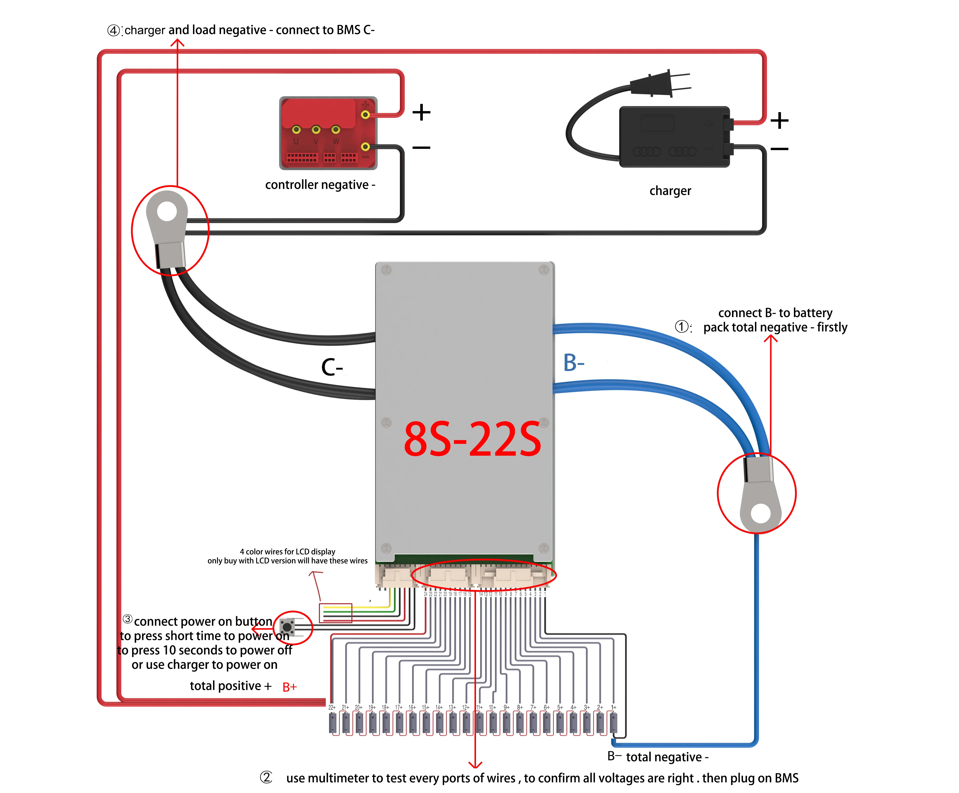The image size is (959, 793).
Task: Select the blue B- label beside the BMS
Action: click(574, 363)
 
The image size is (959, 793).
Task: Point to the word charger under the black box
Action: click(670, 191)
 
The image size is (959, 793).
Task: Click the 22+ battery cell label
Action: click(332, 707)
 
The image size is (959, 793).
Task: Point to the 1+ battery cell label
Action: click(614, 707)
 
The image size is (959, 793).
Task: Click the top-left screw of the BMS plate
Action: click(386, 270)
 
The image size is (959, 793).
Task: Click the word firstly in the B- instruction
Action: click(832, 327)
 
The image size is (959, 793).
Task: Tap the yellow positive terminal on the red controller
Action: click(365, 115)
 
